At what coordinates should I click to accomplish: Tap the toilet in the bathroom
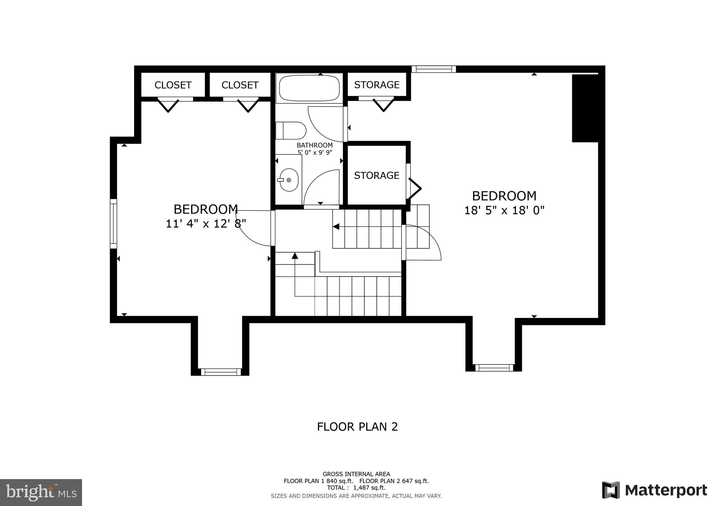point(291,131)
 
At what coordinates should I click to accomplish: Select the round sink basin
point(289,180)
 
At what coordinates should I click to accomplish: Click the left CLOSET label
point(173,85)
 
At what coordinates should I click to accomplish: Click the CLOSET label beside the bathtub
point(240,85)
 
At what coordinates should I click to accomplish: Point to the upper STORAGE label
point(377,85)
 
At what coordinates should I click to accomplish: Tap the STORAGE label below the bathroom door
point(376,175)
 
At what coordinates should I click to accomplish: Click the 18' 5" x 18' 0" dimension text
point(504,210)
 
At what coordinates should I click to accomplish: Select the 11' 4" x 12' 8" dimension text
point(206,224)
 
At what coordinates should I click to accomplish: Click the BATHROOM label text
point(315,145)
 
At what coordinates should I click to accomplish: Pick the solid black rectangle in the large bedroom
point(585,108)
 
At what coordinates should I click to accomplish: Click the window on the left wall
point(113,224)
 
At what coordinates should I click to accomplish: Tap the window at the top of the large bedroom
point(434,69)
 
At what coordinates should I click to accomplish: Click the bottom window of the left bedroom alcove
point(220,372)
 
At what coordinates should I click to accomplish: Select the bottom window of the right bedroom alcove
point(494,368)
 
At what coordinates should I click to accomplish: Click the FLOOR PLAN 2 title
point(357,427)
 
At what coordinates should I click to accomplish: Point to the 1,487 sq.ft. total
point(369,487)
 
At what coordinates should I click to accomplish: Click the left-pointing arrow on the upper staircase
point(336,227)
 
